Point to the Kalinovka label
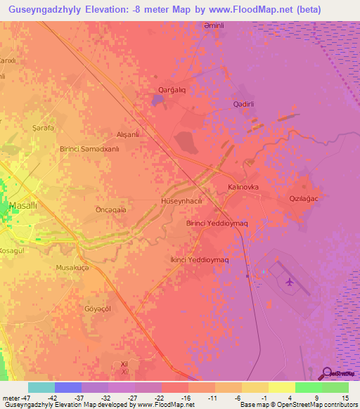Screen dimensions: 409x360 coord(244,187)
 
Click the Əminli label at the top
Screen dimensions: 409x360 coord(212,25)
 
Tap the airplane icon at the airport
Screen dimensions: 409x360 coord(290,283)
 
